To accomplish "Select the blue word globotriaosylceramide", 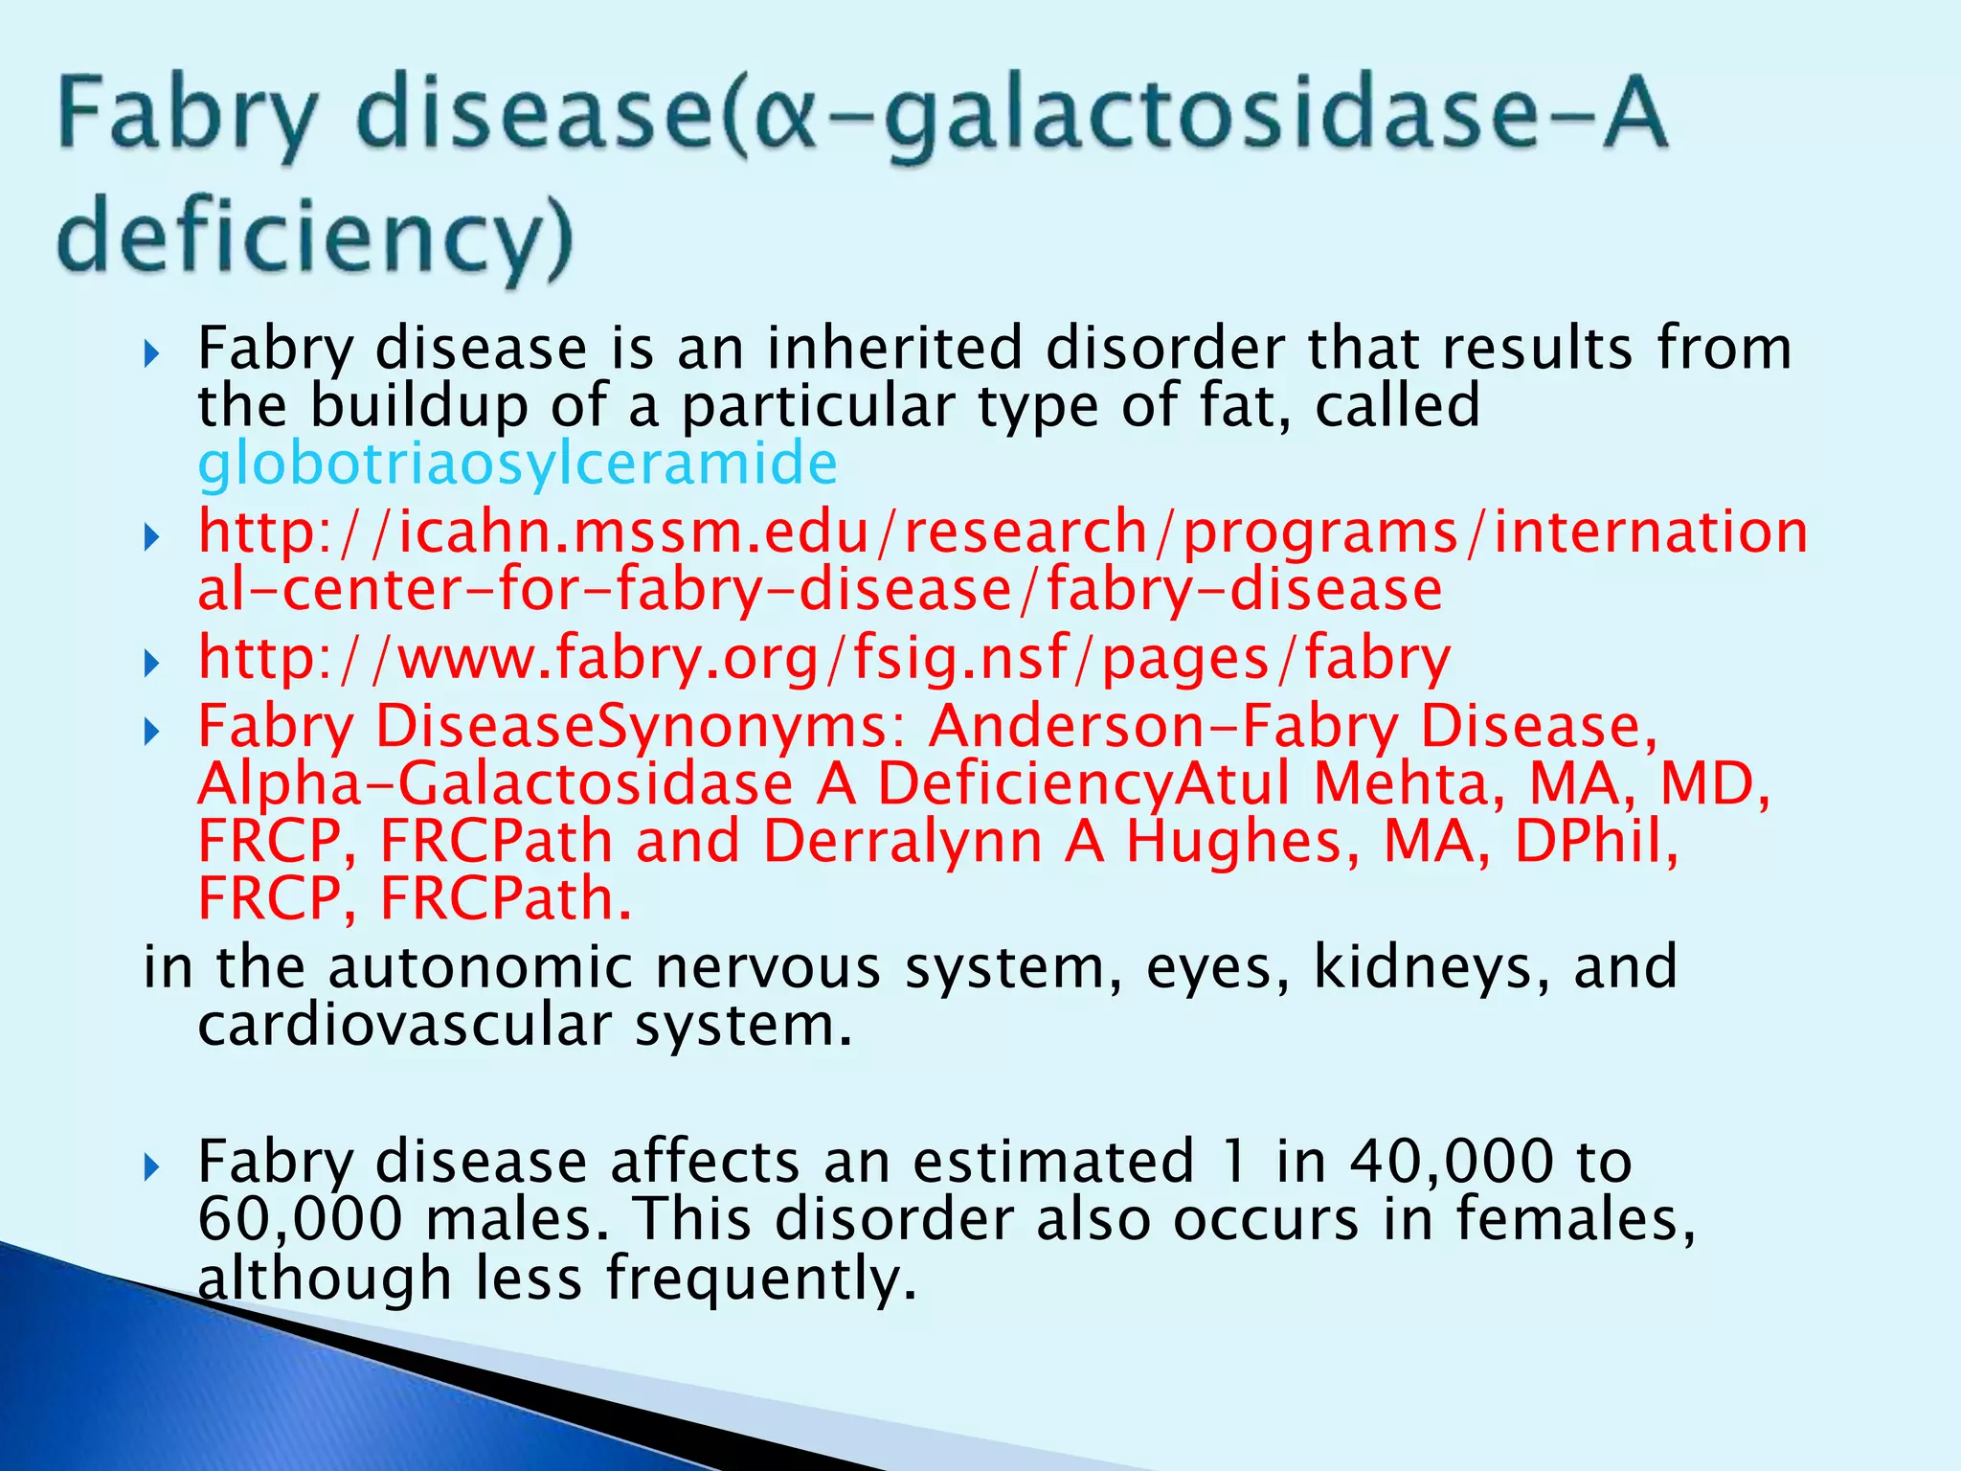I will [517, 464].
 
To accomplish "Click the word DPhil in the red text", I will [1595, 842].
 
